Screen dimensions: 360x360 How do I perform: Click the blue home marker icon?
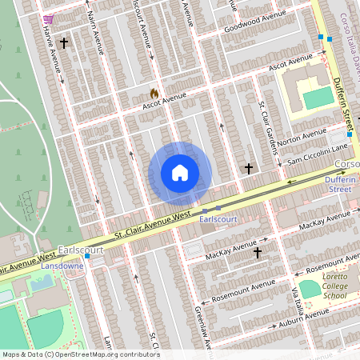click(180, 173)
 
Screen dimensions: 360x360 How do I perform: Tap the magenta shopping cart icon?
click(48, 18)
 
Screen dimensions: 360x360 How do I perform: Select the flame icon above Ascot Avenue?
click(154, 93)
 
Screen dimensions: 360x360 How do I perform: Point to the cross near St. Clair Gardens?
click(249, 169)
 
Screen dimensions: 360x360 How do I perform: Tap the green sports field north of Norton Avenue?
click(318, 98)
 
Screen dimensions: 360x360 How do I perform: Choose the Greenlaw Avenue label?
click(203, 328)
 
